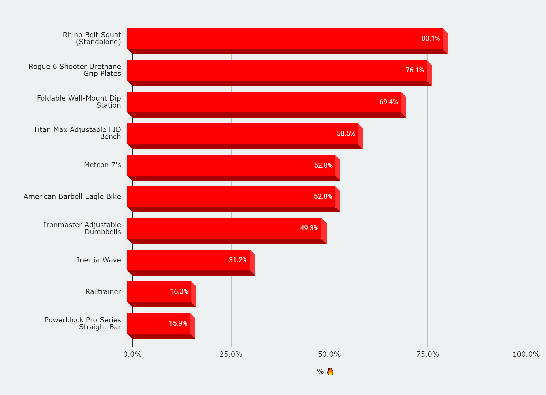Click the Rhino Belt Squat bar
(285, 39)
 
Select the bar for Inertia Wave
(189, 260)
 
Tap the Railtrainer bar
(159, 292)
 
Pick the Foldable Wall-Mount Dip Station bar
(264, 102)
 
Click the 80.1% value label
(431, 39)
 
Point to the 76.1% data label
(415, 70)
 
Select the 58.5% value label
(346, 134)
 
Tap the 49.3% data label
(309, 228)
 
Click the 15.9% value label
(178, 323)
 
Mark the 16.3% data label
(179, 292)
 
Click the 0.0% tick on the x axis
(132, 354)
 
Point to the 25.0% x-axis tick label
(231, 354)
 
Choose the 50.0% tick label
(329, 354)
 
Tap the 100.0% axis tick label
(526, 354)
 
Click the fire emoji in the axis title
(330, 372)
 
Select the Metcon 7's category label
(102, 165)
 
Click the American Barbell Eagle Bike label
(72, 197)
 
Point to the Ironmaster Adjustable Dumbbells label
(82, 228)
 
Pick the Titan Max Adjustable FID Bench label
(77, 133)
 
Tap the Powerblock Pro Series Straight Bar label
(83, 323)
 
